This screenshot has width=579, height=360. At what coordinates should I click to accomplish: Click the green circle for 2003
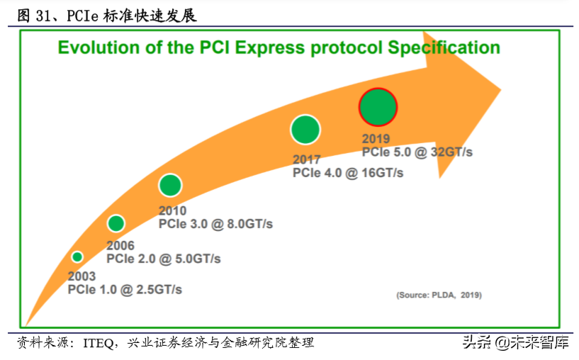pos(77,257)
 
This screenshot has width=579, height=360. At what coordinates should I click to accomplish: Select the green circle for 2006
pos(116,224)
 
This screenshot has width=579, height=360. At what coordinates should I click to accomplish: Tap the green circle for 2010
pos(170,185)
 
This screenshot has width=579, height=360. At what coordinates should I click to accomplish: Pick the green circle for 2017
pos(305,129)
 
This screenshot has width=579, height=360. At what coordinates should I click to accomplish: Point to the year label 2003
pos(81,276)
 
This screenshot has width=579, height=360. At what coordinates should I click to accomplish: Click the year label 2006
pos(120,245)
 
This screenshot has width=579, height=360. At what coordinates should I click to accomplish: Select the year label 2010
pos(172,210)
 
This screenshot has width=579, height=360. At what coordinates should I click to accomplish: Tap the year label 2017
pos(307,159)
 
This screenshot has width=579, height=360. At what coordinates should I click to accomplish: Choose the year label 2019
pos(376,139)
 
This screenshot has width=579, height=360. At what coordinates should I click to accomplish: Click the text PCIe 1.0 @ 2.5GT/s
pos(125,289)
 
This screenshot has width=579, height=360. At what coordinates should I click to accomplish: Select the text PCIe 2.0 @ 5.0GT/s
pos(163,259)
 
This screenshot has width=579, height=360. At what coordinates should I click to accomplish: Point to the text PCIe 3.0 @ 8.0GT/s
pos(215,224)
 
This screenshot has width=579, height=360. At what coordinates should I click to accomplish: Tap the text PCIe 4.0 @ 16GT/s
pos(348,173)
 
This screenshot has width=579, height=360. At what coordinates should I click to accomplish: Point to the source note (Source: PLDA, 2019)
pos(438,294)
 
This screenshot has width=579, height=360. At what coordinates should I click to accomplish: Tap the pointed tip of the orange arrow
pos(500,91)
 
